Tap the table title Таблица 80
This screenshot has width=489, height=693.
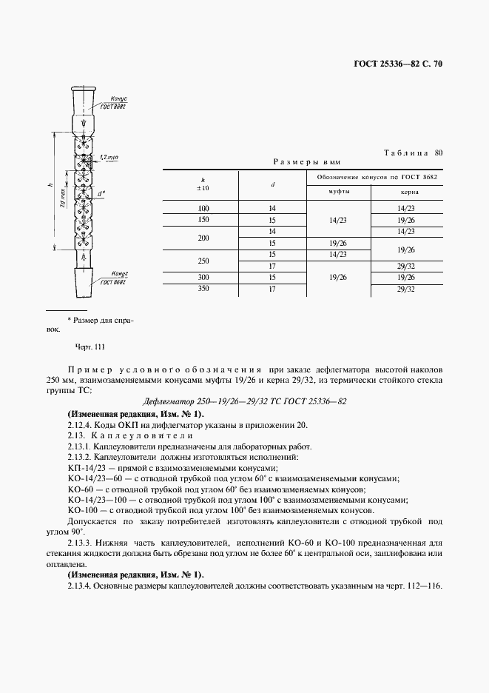coord(414,153)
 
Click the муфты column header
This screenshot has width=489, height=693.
coord(339,191)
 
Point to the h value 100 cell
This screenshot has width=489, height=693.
coord(203,210)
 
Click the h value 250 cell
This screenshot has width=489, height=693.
coord(203,261)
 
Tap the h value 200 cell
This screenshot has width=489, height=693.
coord(203,237)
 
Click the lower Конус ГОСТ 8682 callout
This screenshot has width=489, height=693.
coord(114,278)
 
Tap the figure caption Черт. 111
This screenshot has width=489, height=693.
coord(91,346)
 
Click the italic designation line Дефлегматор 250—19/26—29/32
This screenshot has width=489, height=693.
coord(244,401)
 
